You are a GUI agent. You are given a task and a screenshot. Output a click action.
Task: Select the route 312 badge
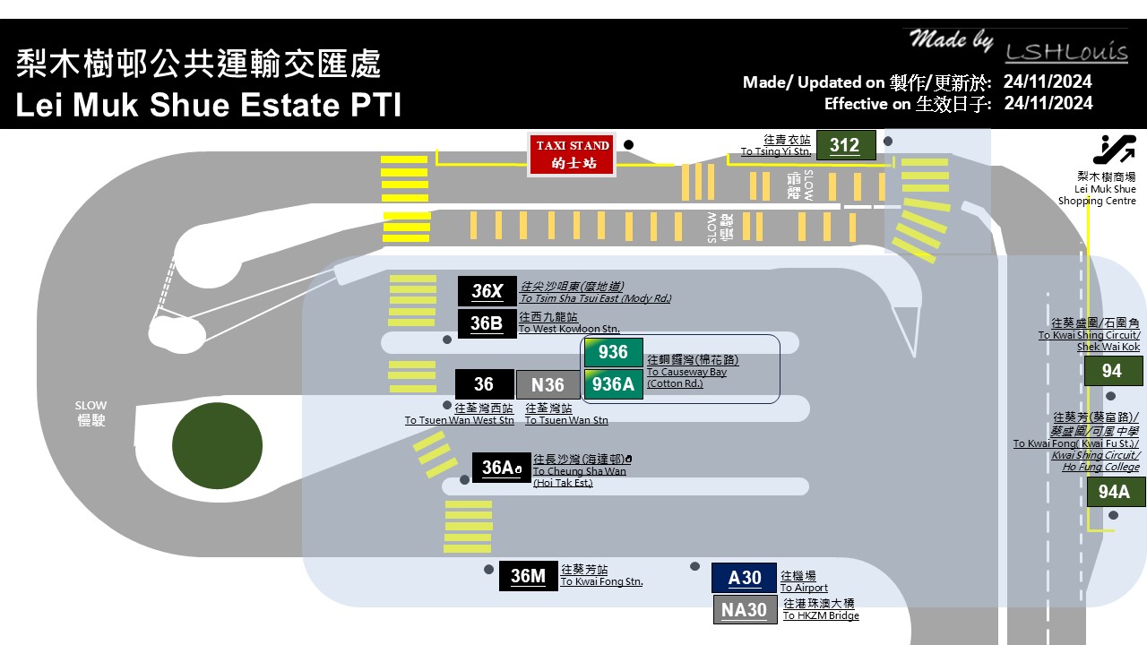(x=844, y=145)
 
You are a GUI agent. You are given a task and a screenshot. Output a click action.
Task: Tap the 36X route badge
(x=487, y=291)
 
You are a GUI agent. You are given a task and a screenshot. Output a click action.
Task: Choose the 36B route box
(x=487, y=323)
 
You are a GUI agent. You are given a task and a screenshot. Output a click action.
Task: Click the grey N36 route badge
(x=548, y=385)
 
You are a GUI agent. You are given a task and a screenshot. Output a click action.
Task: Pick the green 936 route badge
(x=613, y=352)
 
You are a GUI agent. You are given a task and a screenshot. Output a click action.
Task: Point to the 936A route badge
(x=613, y=384)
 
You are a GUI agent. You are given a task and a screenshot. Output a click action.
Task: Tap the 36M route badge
(x=528, y=576)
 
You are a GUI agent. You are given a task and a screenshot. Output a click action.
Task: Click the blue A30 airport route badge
(x=744, y=578)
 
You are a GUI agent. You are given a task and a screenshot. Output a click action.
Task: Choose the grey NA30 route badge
(x=744, y=610)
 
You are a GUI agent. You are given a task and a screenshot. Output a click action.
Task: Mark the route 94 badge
(x=1113, y=371)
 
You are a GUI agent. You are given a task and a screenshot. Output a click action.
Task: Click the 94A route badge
(x=1115, y=492)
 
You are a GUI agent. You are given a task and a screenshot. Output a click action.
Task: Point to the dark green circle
(x=217, y=445)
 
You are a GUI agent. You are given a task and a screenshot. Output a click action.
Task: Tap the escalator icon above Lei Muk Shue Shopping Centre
(x=1114, y=150)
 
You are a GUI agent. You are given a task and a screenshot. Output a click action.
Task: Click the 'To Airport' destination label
(x=804, y=588)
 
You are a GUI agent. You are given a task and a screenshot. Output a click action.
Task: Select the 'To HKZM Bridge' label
(x=821, y=615)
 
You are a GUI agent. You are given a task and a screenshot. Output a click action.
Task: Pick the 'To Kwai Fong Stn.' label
(x=601, y=582)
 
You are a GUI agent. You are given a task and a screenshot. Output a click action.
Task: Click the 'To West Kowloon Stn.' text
(x=569, y=329)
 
